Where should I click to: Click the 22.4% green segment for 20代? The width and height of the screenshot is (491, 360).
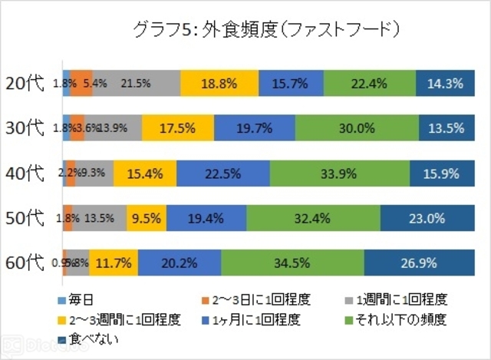click(x=370, y=83)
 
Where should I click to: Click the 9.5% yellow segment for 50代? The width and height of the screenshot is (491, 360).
click(x=146, y=218)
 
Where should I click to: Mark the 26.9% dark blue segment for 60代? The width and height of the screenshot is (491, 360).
click(x=418, y=263)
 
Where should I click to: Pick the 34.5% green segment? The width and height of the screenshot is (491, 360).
click(x=292, y=263)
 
